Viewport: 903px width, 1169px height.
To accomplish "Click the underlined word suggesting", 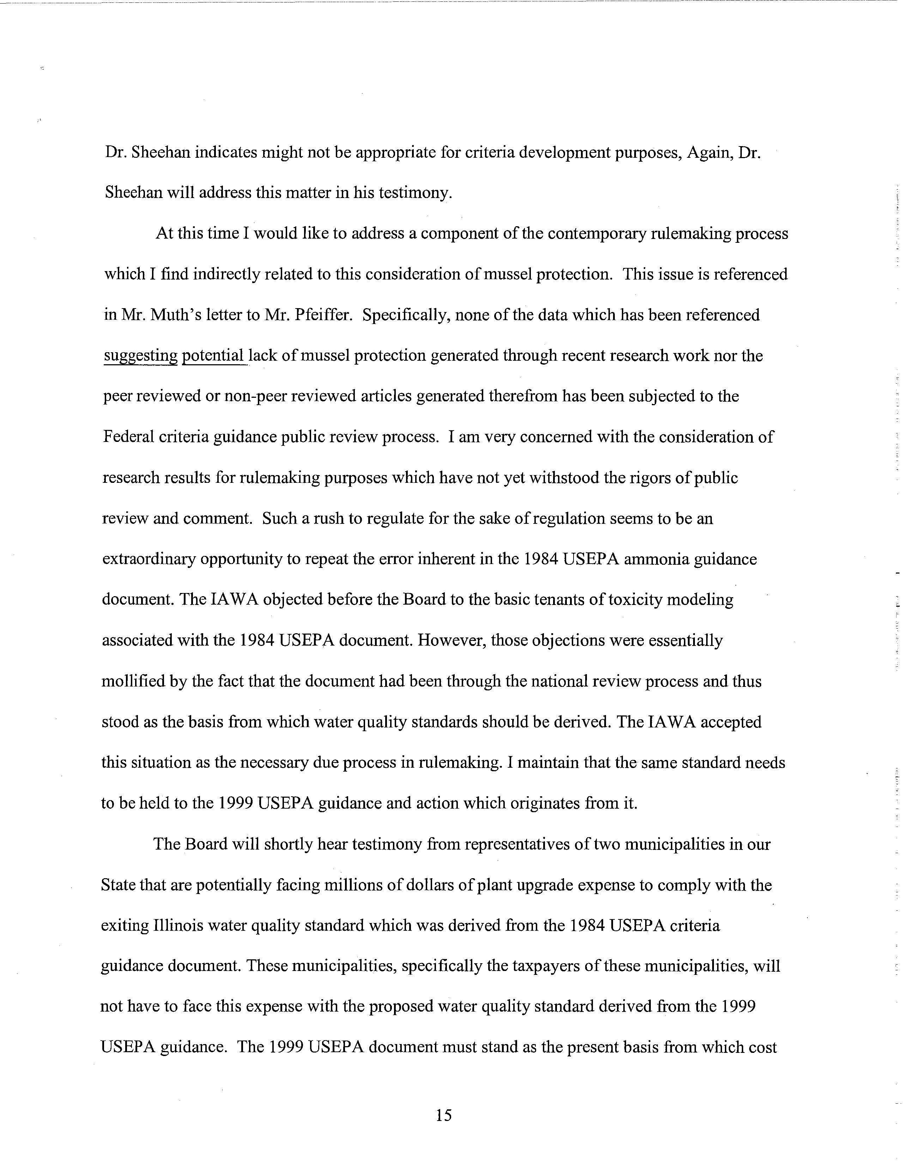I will tap(140, 355).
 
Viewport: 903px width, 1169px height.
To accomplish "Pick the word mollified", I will tap(132, 681).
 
